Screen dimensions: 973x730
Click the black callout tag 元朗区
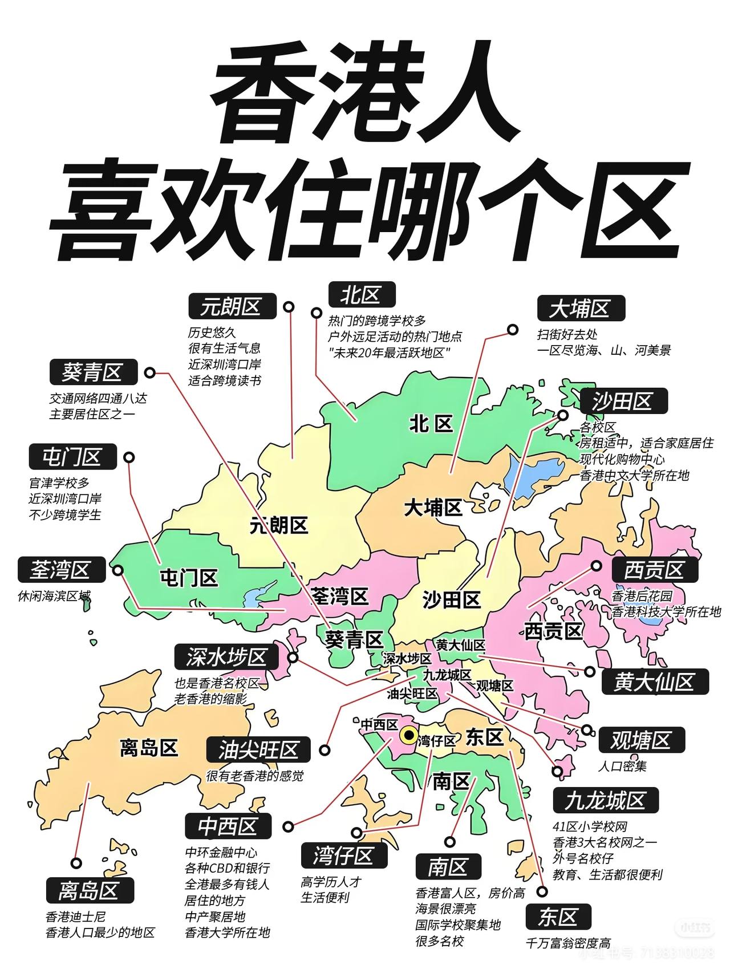click(x=232, y=307)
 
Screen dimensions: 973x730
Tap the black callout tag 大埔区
click(x=581, y=309)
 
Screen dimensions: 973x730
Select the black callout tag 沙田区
click(x=623, y=401)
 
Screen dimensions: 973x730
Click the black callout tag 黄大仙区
click(x=655, y=681)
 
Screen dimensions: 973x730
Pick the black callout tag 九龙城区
click(x=606, y=800)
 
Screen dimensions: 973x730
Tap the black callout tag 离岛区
click(x=89, y=890)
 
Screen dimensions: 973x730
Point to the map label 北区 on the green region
click(x=431, y=424)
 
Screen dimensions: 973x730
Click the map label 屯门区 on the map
click(x=189, y=578)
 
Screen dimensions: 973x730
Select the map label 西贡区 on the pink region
click(x=553, y=631)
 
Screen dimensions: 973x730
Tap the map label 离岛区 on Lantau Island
click(x=149, y=747)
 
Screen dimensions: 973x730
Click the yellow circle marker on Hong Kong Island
click(x=408, y=735)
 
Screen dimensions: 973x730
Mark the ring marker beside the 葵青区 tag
click(x=150, y=372)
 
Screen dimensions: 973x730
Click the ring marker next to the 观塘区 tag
click(x=587, y=730)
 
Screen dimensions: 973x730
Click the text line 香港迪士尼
click(x=76, y=917)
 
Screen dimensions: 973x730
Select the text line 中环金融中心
click(x=221, y=852)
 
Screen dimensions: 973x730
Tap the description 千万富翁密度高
click(x=568, y=943)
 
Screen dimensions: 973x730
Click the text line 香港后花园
click(x=642, y=595)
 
